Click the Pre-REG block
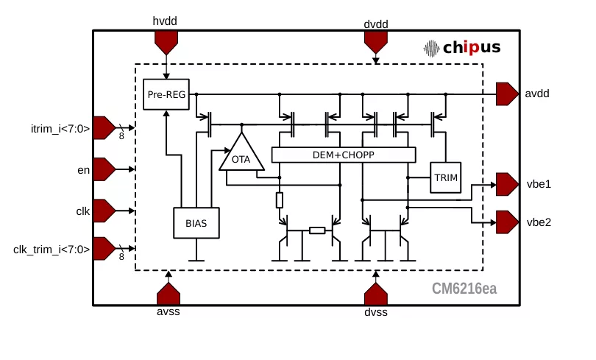click(166, 94)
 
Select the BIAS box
click(196, 223)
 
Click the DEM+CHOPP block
click(344, 155)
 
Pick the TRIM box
click(445, 177)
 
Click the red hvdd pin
click(166, 42)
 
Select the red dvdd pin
click(376, 42)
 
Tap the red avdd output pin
click(507, 94)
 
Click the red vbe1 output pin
click(507, 184)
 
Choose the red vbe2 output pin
click(507, 222)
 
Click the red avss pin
click(168, 294)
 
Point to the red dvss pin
click(376, 294)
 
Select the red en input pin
click(104, 169)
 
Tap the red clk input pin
click(104, 211)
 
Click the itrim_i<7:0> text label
click(60, 129)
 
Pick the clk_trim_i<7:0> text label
click(52, 250)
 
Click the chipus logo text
click(472, 48)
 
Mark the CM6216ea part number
click(464, 289)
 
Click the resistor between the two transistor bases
click(317, 230)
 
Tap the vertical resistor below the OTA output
click(280, 200)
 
